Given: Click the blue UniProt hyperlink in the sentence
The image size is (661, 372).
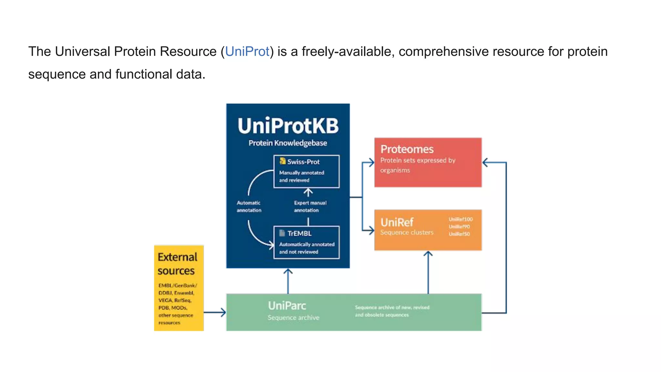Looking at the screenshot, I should click(247, 52).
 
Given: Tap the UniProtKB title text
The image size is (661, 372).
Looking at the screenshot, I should click(288, 126).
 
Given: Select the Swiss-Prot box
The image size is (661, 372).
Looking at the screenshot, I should click(306, 171).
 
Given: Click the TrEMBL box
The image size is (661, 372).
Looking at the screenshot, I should click(306, 243).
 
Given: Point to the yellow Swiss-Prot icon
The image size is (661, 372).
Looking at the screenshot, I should click(282, 161).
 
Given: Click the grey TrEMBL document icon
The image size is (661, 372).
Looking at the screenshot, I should click(282, 233).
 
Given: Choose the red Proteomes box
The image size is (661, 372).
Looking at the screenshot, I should click(428, 162).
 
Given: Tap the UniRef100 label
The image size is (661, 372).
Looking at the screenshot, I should click(461, 219).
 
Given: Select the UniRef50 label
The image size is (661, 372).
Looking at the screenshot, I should click(459, 234).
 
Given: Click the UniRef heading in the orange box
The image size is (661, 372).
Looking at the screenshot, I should click(397, 222).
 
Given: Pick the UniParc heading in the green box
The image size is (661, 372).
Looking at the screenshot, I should click(287, 305).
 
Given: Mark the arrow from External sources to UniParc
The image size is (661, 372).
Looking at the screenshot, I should click(215, 312).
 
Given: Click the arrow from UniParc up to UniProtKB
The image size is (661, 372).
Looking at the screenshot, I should click(288, 281).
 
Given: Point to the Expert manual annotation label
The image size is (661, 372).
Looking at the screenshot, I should click(310, 206).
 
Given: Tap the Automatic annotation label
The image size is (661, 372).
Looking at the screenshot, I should click(249, 206).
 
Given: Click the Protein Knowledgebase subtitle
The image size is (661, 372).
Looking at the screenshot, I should click(288, 143).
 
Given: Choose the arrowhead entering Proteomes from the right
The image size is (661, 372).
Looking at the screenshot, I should click(485, 162).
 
